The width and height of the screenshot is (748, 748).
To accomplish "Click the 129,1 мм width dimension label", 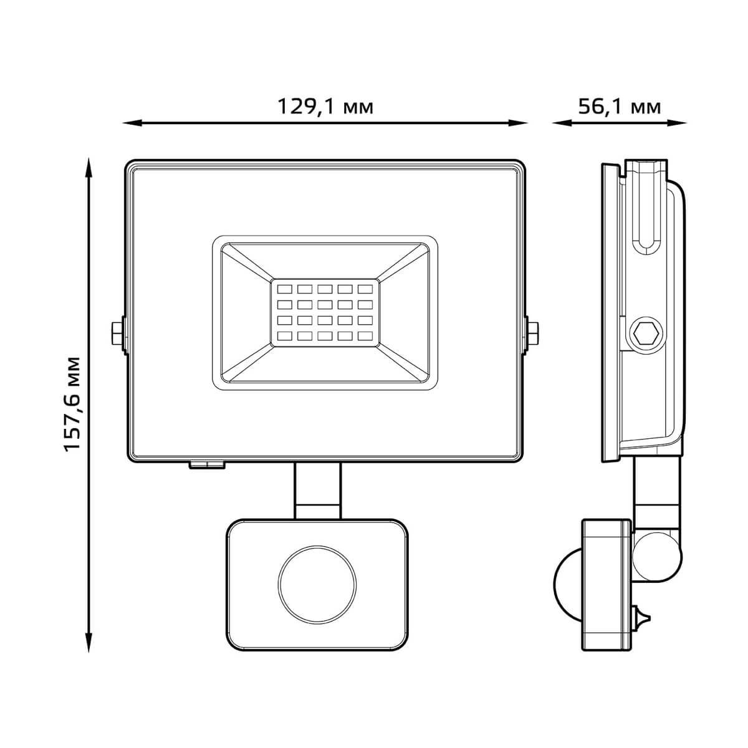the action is click(325, 107).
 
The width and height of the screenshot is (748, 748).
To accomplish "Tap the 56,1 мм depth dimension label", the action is click(619, 107).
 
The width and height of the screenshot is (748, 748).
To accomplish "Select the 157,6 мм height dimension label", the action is click(72, 404).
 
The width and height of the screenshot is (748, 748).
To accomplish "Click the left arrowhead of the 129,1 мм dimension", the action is click(132, 123).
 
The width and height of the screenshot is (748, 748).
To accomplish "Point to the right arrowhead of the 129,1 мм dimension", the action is click(518, 123).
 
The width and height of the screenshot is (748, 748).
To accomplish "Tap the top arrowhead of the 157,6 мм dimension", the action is click(90, 168).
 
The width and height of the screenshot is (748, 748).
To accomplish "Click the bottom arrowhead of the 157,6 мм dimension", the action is click(90, 643).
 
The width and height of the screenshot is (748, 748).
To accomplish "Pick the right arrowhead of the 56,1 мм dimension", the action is click(677, 123).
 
